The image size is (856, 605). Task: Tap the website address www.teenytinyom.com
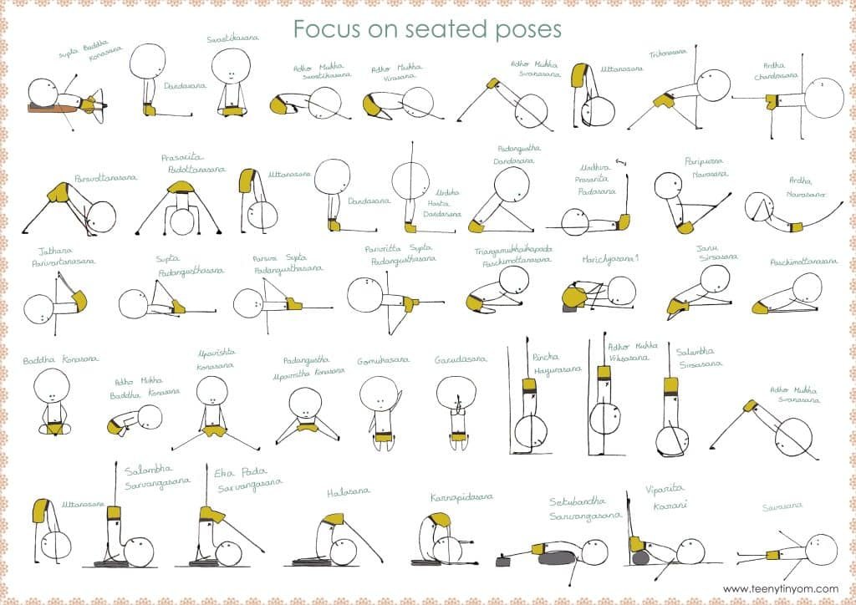[x=780, y=587]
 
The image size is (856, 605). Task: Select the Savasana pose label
[x=782, y=506]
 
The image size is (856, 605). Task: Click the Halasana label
[x=349, y=492]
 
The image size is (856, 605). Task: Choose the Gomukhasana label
[x=383, y=360]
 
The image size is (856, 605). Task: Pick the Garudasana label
[x=456, y=360]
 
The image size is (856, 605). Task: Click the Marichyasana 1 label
[x=610, y=259]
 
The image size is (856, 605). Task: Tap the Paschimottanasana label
[x=803, y=262]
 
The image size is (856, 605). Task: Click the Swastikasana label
[x=232, y=38]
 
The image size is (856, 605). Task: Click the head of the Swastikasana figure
[x=232, y=66]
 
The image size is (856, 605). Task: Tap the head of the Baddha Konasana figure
[x=53, y=386]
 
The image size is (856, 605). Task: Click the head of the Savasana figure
[x=821, y=549]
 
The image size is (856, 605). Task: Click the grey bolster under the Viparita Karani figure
[x=641, y=557]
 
